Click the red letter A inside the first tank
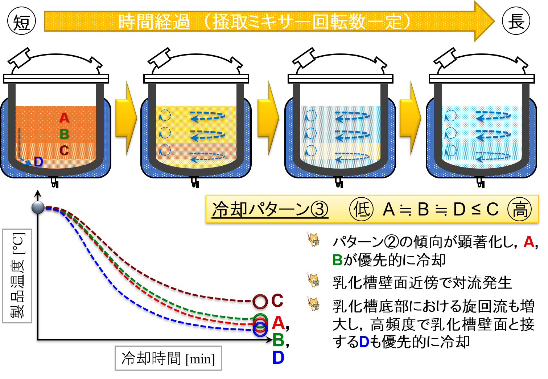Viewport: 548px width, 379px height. pyautogui.click(x=64, y=118)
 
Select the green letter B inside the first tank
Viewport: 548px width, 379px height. pyautogui.click(x=64, y=134)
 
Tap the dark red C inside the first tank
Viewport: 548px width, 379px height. pyautogui.click(x=64, y=150)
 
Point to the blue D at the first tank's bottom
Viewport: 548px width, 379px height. pyautogui.click(x=38, y=162)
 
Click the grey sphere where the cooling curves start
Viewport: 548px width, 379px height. pyautogui.click(x=38, y=207)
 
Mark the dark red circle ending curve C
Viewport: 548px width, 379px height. pyautogui.click(x=260, y=301)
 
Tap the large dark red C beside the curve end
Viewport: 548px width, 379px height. pyautogui.click(x=277, y=301)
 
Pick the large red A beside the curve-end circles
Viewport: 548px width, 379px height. pyautogui.click(x=278, y=323)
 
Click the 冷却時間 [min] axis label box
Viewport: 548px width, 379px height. pyautogui.click(x=168, y=358)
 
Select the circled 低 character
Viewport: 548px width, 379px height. pyautogui.click(x=361, y=209)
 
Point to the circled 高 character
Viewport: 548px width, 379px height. pyautogui.click(x=520, y=209)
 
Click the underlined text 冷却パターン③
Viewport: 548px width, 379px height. pyautogui.click(x=270, y=209)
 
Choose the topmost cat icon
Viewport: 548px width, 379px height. pyautogui.click(x=313, y=239)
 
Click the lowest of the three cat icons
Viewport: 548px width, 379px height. pyautogui.click(x=313, y=303)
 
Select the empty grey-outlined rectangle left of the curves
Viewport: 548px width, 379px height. pyautogui.click(x=17, y=276)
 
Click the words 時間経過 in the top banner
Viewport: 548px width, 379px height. pyautogui.click(x=154, y=22)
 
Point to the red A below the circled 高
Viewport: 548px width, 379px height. pyautogui.click(x=529, y=242)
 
